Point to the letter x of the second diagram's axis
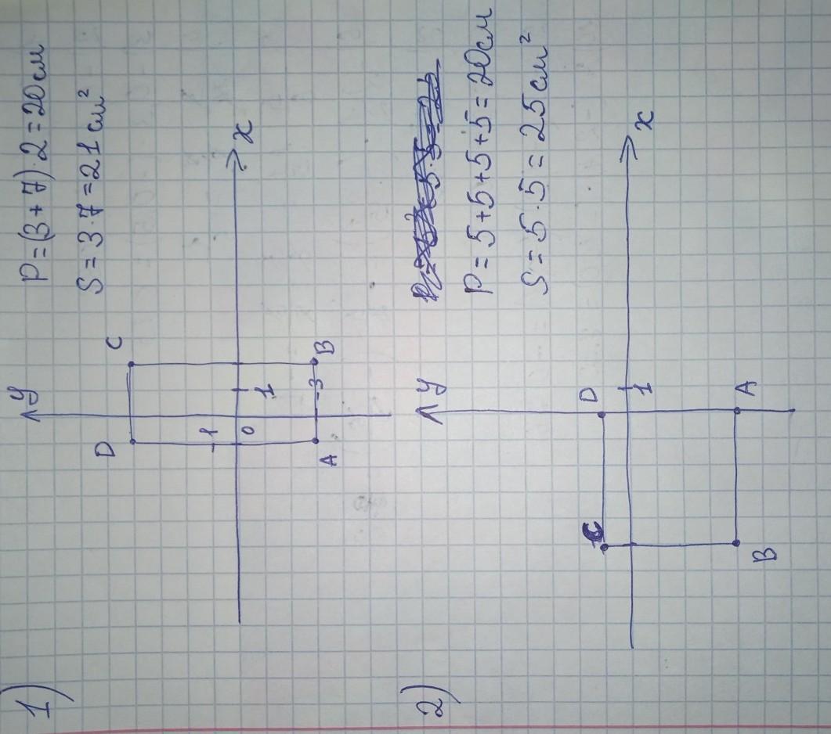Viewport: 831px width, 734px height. (645, 118)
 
